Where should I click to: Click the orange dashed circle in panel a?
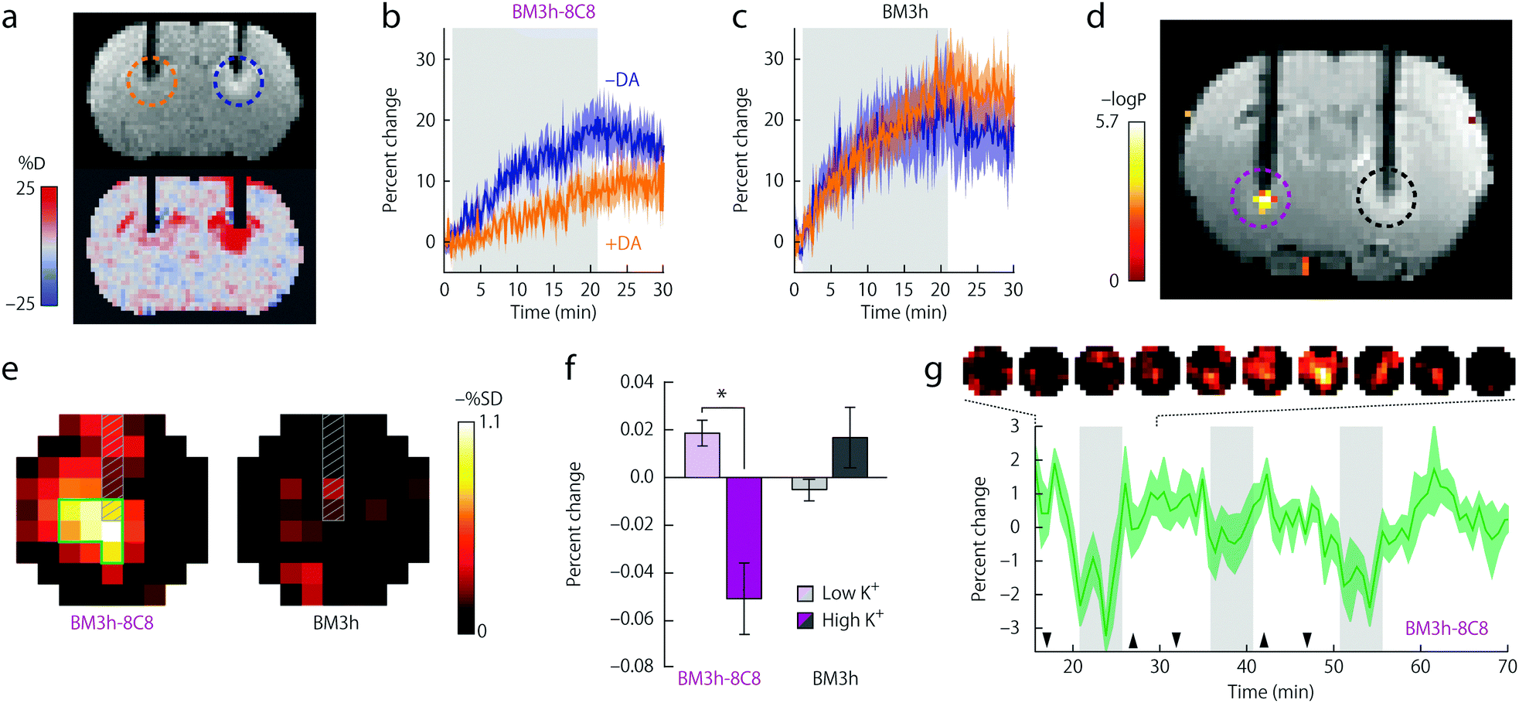(152, 80)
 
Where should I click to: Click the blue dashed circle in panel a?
(239, 80)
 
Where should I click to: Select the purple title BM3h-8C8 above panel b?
(553, 12)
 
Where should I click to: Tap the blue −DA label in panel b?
(622, 80)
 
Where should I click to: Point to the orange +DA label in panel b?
(623, 244)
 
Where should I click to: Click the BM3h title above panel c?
(904, 12)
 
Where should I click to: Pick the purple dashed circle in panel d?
(1261, 198)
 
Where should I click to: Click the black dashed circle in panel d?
(1386, 198)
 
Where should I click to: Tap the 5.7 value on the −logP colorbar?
(1107, 121)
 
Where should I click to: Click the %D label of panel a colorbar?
(32, 163)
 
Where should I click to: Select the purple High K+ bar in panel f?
(744, 537)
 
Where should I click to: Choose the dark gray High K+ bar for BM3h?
(850, 457)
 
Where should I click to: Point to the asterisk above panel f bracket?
(721, 394)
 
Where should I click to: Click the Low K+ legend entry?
(840, 593)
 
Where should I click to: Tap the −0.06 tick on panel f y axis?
(631, 619)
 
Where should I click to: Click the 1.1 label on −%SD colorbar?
(489, 422)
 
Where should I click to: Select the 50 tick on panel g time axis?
(1333, 667)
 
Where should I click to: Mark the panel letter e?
(9, 370)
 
